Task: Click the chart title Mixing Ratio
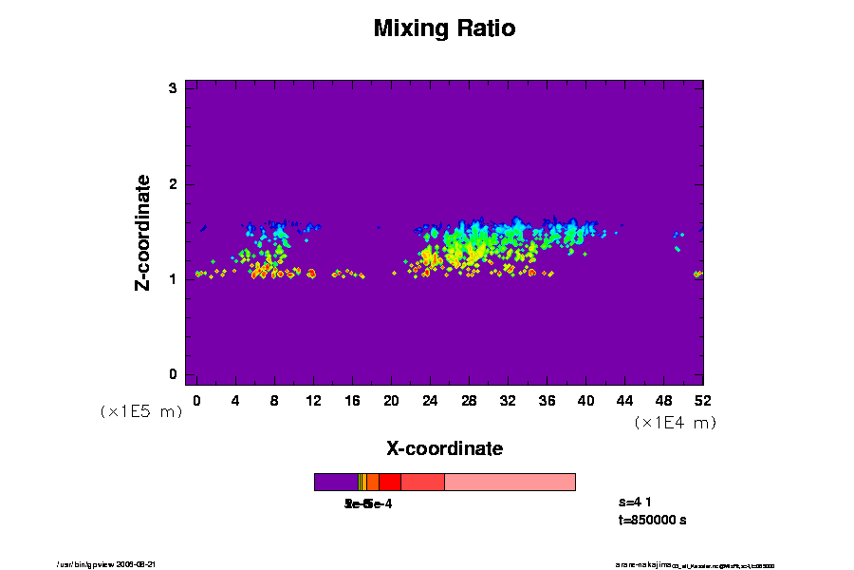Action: point(444,28)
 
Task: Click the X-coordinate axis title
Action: point(444,448)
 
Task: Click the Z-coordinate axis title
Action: point(143,232)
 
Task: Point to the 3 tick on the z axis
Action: point(174,88)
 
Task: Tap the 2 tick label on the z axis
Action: point(174,183)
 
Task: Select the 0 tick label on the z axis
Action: point(174,374)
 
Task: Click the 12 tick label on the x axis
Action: point(313,401)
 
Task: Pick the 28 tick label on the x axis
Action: point(468,401)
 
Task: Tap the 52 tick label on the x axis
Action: point(702,401)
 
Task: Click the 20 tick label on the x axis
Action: point(391,401)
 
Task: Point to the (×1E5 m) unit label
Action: point(141,412)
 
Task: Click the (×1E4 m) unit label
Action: point(675,423)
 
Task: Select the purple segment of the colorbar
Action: point(336,483)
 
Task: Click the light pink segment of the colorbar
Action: point(510,483)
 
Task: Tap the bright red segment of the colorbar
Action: point(389,483)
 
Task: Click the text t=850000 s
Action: point(652,521)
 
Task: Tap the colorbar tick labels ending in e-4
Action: point(368,503)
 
